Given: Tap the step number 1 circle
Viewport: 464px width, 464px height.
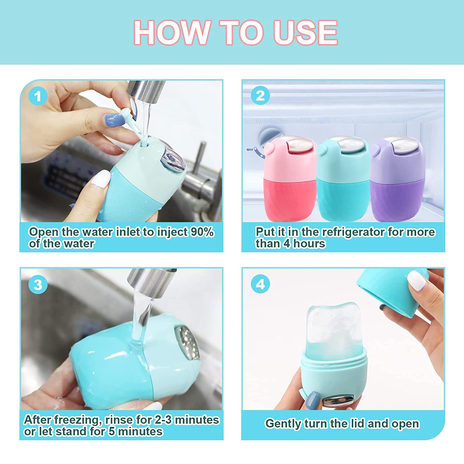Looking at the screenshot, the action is click(x=38, y=96).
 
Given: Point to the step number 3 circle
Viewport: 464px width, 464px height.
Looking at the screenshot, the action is click(x=38, y=285).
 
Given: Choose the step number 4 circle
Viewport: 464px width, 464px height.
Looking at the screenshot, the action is click(x=260, y=284).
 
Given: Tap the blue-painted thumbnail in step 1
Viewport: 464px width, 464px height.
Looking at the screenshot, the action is click(x=115, y=119).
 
